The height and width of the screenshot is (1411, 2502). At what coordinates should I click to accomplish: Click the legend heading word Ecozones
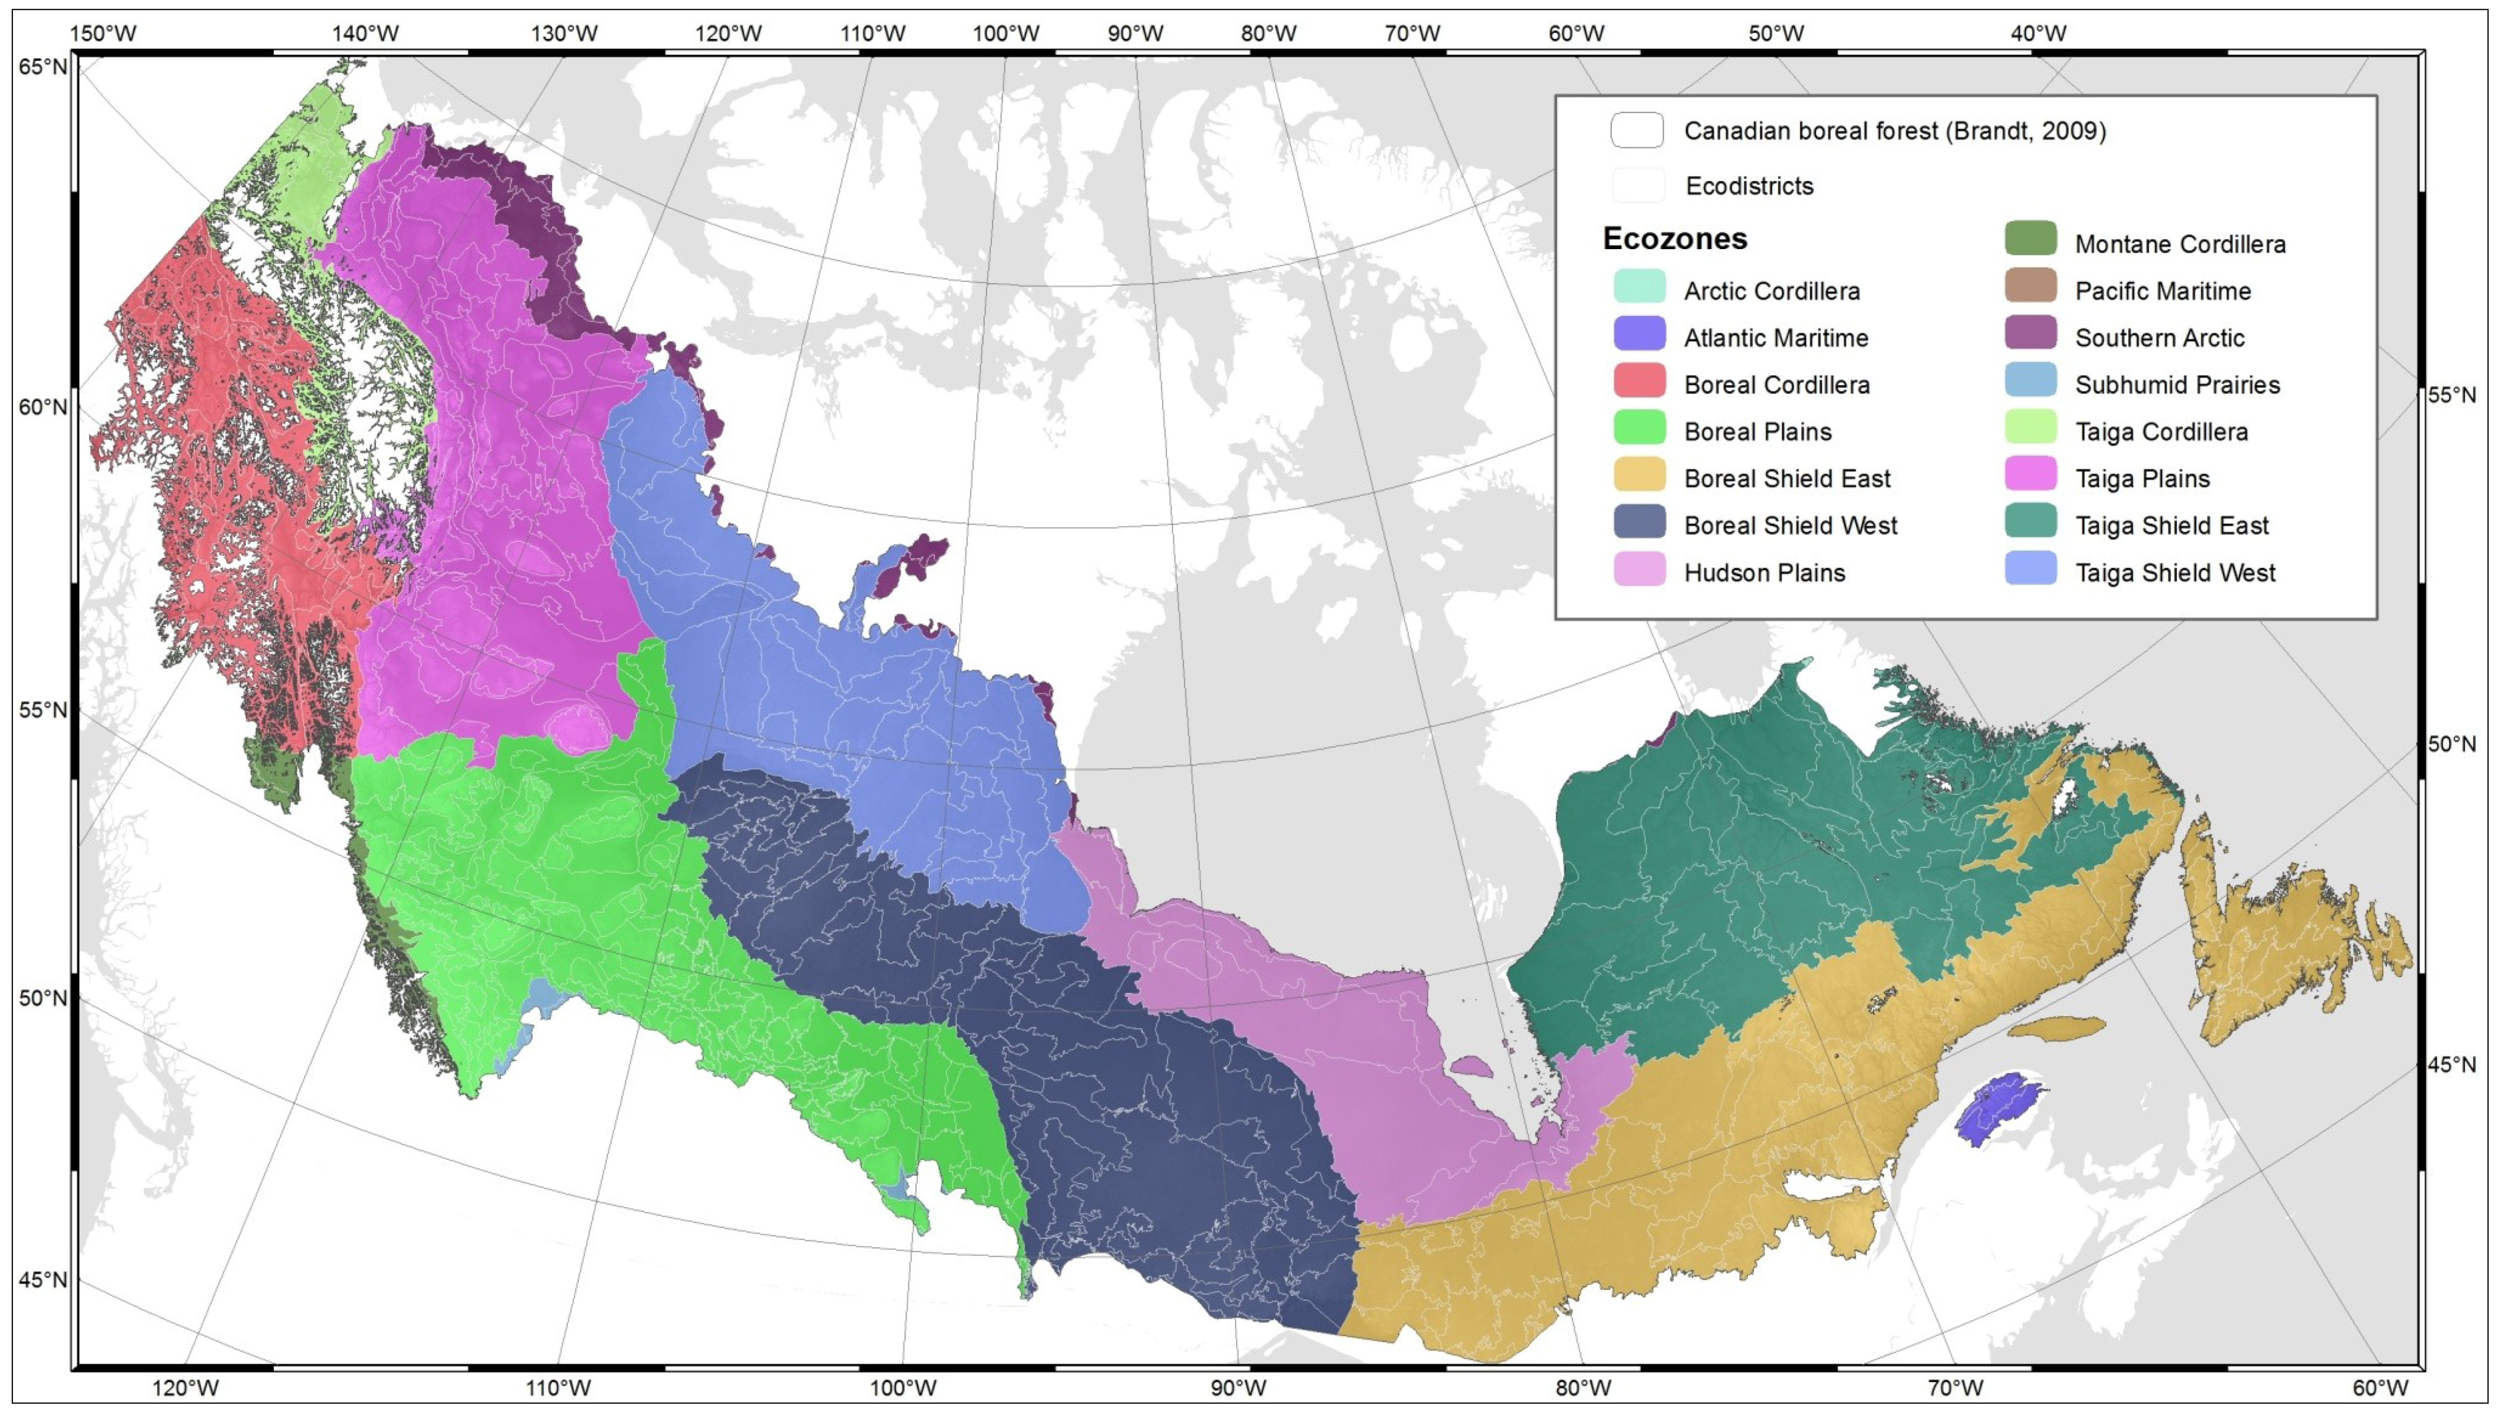click(x=1675, y=239)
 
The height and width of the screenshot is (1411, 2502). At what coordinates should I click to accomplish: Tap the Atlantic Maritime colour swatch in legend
click(x=1640, y=334)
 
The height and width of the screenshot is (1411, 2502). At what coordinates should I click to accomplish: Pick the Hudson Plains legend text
click(x=1764, y=573)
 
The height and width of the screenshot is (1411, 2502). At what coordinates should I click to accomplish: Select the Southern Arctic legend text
click(x=2159, y=338)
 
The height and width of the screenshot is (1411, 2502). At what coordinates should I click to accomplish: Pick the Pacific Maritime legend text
click(x=2163, y=291)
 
